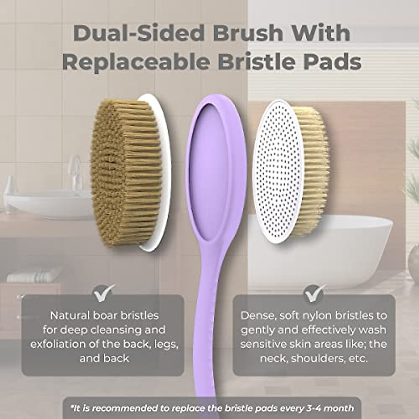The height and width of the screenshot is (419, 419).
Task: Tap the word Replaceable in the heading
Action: pyautogui.click(x=136, y=62)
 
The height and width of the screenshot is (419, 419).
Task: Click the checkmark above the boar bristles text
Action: pyautogui.click(x=104, y=293)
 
